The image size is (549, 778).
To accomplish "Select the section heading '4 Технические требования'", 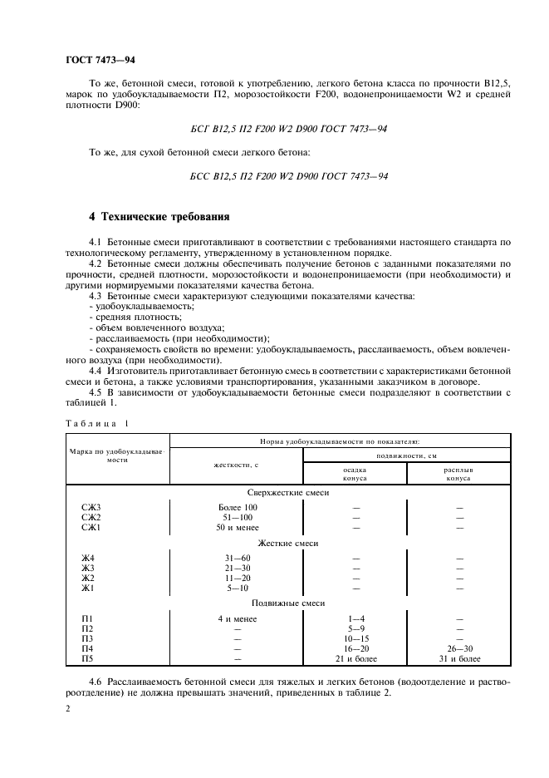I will pyautogui.click(x=159, y=217).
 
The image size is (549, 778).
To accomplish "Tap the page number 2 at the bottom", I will pyautogui.click(x=67, y=708).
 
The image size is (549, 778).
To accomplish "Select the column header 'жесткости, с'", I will pyautogui.click(x=236, y=466).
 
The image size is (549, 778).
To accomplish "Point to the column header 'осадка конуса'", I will pyautogui.click(x=355, y=474).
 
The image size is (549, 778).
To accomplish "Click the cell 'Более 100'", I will pyautogui.click(x=237, y=507).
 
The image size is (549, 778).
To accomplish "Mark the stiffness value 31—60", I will pyautogui.click(x=237, y=556).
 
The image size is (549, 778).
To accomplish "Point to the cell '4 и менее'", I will pyautogui.click(x=237, y=618).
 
